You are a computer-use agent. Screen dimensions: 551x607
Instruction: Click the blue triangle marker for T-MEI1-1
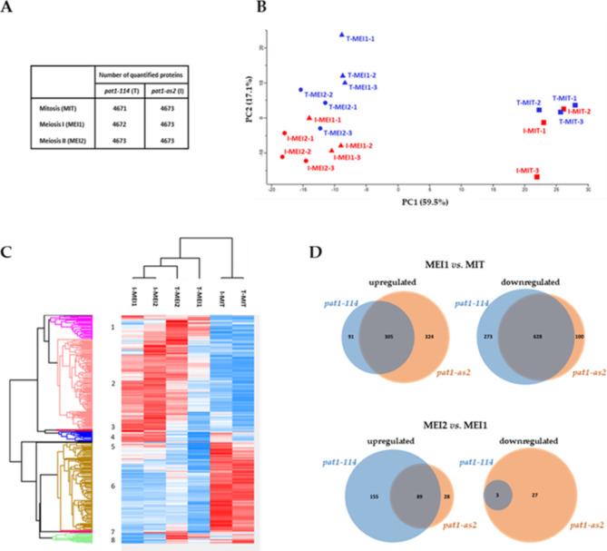click(x=341, y=34)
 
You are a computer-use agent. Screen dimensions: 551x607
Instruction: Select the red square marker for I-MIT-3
click(x=537, y=177)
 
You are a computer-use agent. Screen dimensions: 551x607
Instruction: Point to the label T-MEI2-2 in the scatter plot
click(x=322, y=93)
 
